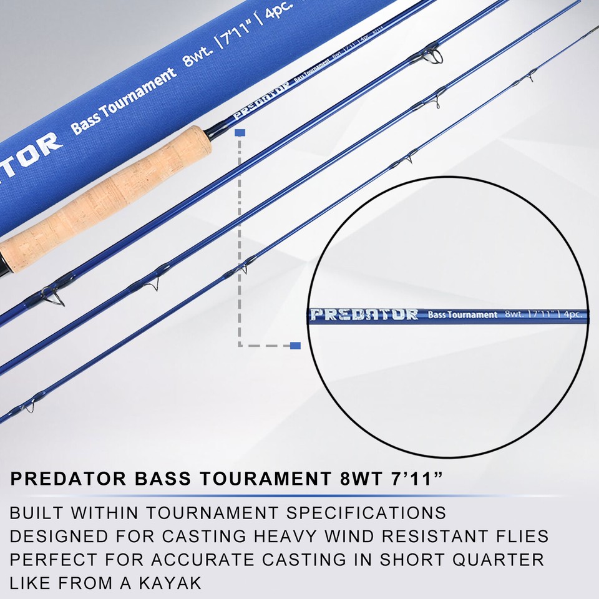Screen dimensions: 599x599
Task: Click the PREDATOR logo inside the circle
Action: point(364,314)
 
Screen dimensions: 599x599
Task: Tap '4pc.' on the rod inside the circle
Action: point(573,314)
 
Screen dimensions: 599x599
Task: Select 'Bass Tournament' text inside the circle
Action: point(463,314)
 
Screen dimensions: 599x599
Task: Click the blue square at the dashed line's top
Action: point(240,133)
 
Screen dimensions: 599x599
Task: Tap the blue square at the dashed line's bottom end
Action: point(295,345)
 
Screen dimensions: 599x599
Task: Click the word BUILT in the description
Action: point(36,513)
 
